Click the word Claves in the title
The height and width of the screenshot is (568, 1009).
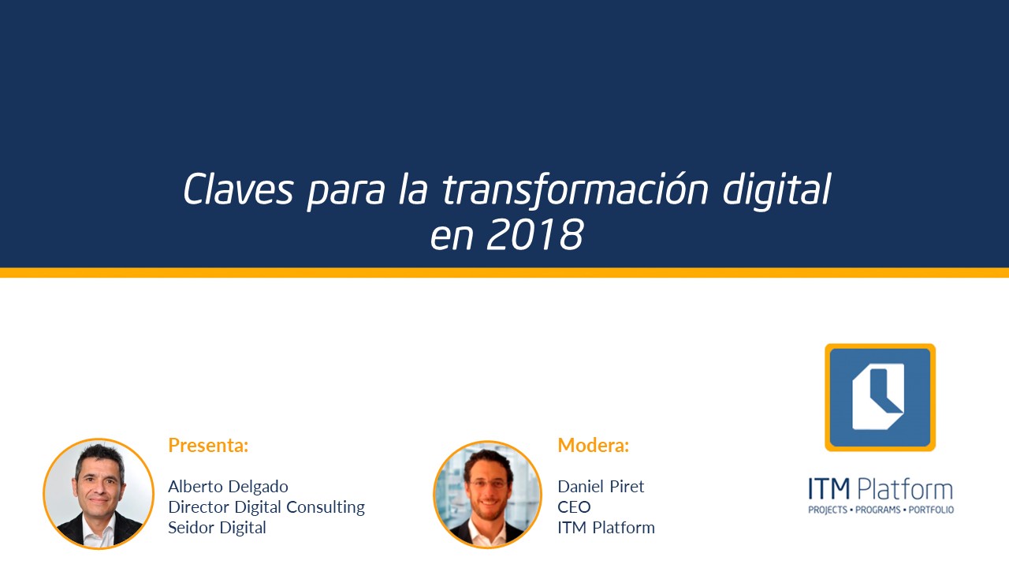click(x=238, y=189)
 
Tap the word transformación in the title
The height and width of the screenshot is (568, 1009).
click(x=575, y=190)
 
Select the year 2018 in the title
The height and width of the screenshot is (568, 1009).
click(x=534, y=234)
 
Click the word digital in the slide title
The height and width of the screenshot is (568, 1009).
click(x=776, y=190)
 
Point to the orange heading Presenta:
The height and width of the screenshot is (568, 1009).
click(x=208, y=445)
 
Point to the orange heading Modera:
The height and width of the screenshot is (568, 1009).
click(x=594, y=445)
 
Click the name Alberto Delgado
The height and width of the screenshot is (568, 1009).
click(x=228, y=487)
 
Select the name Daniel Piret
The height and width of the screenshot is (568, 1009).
click(x=601, y=487)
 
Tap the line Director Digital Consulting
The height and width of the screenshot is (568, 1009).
click(x=266, y=507)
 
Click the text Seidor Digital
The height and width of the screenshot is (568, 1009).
click(x=217, y=528)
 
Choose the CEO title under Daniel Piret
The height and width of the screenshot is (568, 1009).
click(x=574, y=507)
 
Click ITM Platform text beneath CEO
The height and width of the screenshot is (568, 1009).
click(x=606, y=528)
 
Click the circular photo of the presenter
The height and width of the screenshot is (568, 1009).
click(x=99, y=494)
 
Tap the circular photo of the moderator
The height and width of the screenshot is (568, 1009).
click(x=487, y=495)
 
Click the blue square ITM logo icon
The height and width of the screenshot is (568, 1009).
click(x=881, y=397)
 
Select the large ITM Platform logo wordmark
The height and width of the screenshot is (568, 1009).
click(x=881, y=488)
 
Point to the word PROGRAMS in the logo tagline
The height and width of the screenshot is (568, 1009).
click(x=878, y=510)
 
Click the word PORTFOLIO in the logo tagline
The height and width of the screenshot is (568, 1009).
click(x=931, y=510)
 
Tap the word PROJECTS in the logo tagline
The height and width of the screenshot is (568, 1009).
click(x=828, y=510)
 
